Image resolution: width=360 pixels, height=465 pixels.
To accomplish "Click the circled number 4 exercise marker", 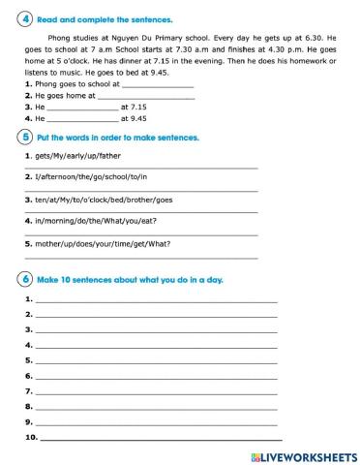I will pyautogui.click(x=25, y=18).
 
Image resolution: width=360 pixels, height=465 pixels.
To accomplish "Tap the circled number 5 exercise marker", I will pyautogui.click(x=25, y=139).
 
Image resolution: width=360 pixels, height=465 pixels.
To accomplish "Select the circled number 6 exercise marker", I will pyautogui.click(x=25, y=280).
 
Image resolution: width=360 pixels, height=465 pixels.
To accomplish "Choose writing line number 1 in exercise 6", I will pyautogui.click(x=155, y=300).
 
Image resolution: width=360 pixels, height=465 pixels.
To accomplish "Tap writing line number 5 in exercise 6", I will pyautogui.click(x=155, y=361).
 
